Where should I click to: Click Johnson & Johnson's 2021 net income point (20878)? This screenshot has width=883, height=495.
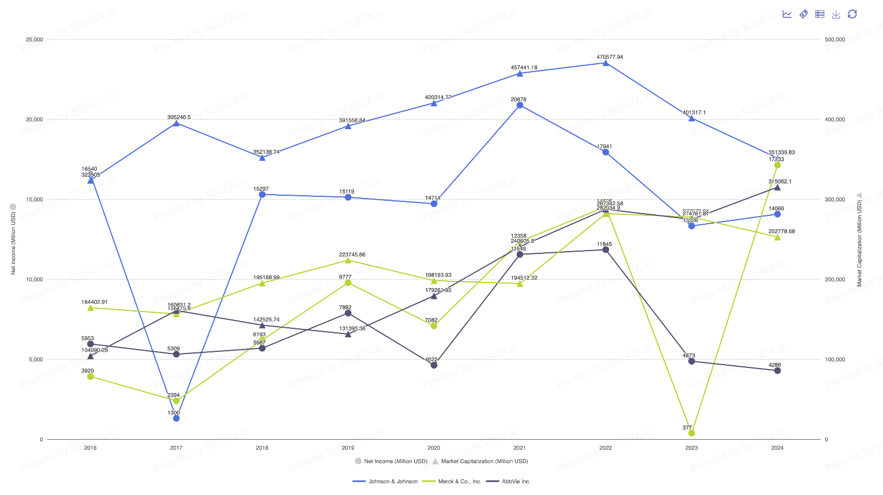[x=520, y=105]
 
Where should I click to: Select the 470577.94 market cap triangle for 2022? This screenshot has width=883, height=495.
[x=606, y=63]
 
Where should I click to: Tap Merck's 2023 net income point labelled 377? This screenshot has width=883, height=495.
[x=692, y=433]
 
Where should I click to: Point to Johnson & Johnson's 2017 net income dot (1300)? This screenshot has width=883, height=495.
[x=176, y=418]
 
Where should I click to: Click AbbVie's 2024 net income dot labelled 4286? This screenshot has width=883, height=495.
[x=777, y=371]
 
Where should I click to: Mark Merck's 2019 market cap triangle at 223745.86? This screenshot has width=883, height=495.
[x=348, y=260]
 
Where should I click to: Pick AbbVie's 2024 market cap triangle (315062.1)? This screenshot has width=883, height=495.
[x=777, y=187]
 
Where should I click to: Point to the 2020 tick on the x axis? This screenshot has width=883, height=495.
[x=433, y=448]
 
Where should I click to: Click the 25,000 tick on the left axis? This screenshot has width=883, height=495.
[x=34, y=40]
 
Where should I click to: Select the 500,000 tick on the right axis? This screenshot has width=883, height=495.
[x=835, y=40]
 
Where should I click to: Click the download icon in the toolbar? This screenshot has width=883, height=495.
[x=836, y=14]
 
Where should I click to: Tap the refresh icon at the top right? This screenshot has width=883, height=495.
[x=852, y=14]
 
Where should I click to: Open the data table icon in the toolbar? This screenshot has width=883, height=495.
[x=820, y=14]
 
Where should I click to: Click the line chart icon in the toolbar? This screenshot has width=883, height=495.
[x=787, y=14]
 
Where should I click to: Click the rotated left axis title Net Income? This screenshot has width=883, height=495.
[x=13, y=243]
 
